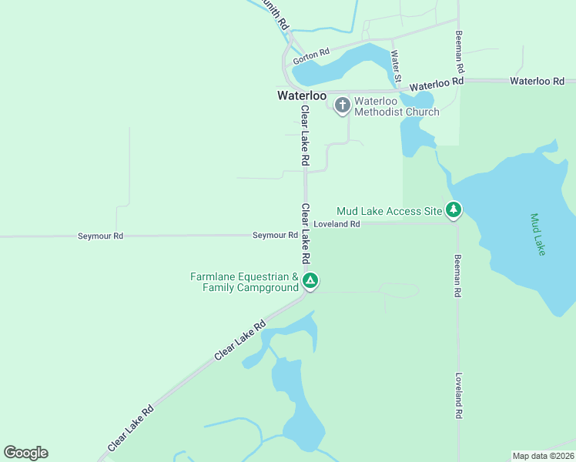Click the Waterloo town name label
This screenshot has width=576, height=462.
pos(302,96)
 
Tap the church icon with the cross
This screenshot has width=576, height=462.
pos(342,105)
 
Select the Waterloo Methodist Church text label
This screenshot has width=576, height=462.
pos(396,106)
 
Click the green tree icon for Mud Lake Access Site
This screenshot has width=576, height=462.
pos(454,209)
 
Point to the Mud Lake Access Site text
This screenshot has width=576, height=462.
pos(390,210)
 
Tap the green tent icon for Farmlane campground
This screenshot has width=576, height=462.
pos(310,281)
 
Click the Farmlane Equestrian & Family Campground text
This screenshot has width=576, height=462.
pos(245,282)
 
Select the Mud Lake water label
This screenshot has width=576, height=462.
pos(537,234)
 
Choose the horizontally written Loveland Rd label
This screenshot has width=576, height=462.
pos(337,225)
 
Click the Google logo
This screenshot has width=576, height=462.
pos(25,453)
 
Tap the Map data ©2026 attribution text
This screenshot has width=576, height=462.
pos(543,456)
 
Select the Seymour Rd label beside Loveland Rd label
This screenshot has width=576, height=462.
pos(275,235)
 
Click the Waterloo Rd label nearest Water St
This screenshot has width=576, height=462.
pos(437,81)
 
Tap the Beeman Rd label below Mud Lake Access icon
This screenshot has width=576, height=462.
pos(458,276)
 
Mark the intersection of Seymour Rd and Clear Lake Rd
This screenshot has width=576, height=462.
pos(306,235)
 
